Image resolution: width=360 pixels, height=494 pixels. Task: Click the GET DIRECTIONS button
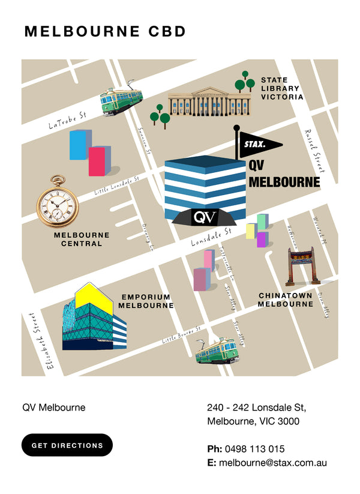click(x=67, y=445)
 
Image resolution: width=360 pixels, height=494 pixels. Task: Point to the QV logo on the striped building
click(x=205, y=217)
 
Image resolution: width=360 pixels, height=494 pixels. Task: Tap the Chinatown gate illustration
click(x=304, y=266)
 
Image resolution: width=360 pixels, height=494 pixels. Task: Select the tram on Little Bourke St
click(x=217, y=352)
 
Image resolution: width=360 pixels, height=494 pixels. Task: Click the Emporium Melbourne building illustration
click(x=94, y=318)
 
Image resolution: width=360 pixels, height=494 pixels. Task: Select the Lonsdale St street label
click(x=211, y=236)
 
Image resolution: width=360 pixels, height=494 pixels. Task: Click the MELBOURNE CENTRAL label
click(x=82, y=239)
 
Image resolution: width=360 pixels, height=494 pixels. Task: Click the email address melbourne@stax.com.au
click(x=272, y=463)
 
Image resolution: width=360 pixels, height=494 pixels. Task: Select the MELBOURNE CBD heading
click(x=105, y=32)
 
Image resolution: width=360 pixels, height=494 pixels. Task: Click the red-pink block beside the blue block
click(x=98, y=161)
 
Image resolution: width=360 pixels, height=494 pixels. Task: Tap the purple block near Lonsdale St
click(x=261, y=239)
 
